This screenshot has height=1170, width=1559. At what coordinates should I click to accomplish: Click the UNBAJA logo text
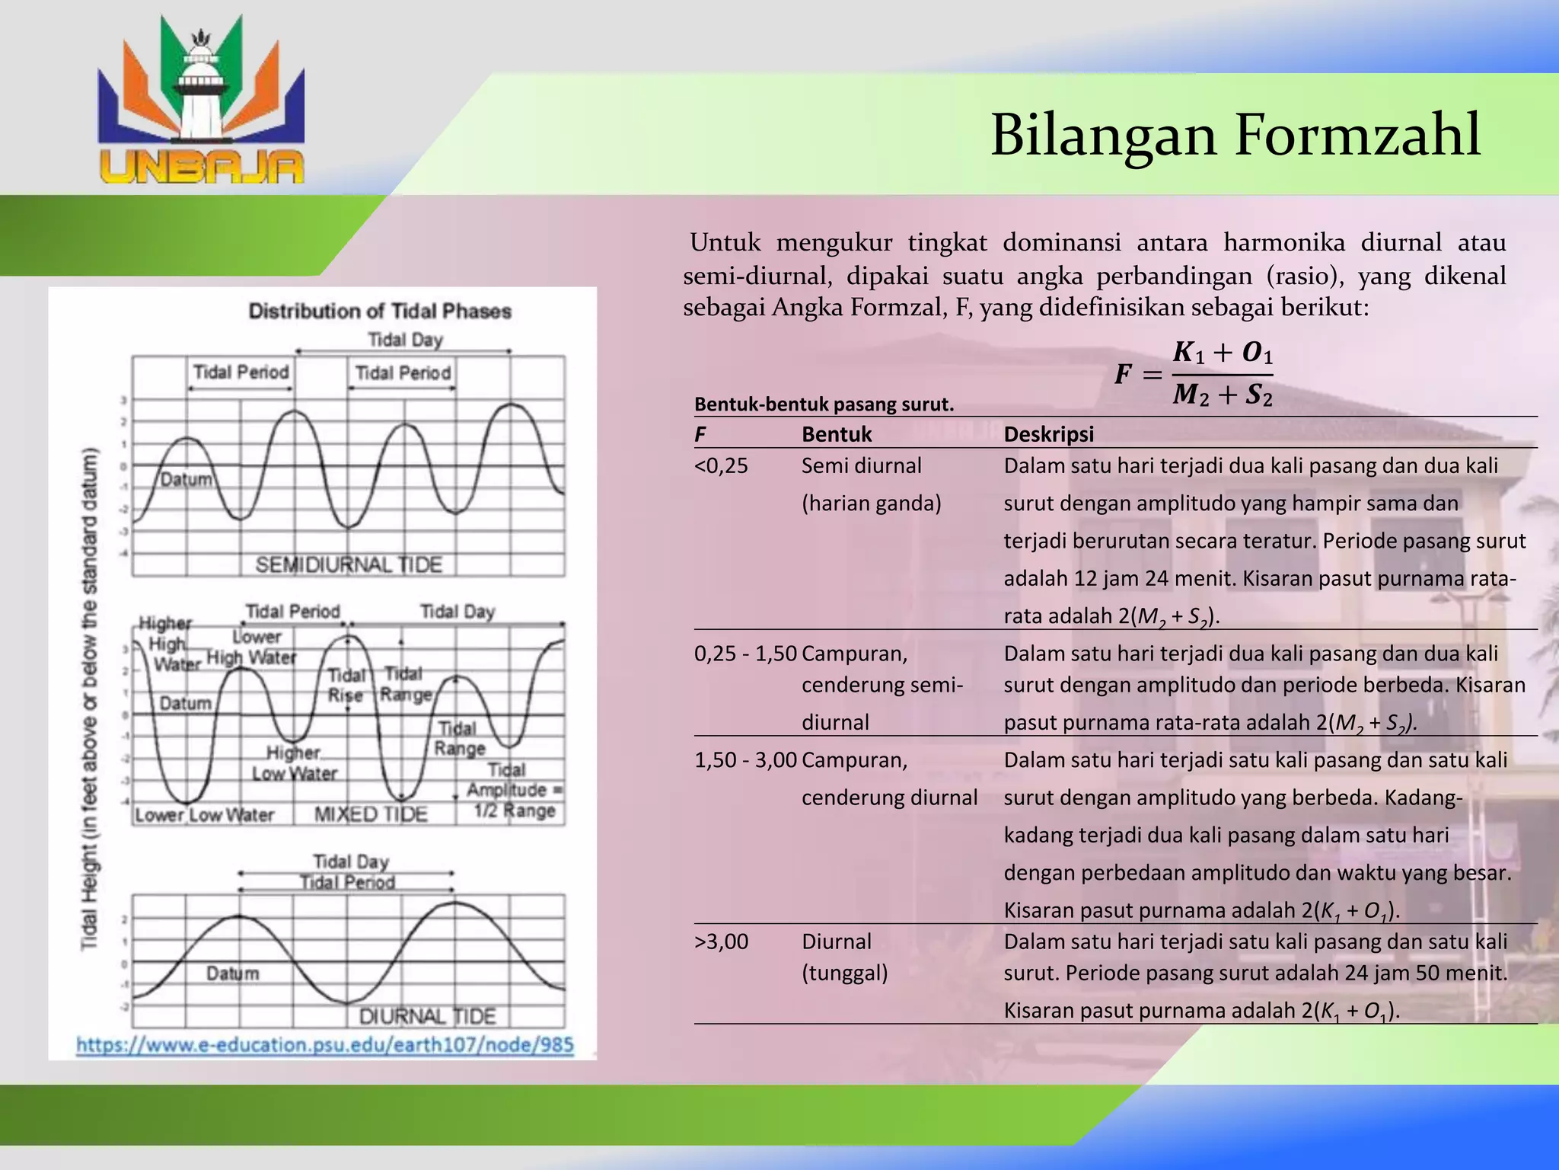(x=202, y=166)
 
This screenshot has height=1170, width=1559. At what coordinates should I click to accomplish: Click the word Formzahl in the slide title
(x=1357, y=136)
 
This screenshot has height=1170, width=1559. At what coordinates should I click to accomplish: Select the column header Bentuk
(x=837, y=434)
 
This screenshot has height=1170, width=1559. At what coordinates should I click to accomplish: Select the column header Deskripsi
(x=1048, y=434)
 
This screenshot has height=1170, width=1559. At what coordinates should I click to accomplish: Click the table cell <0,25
(x=721, y=465)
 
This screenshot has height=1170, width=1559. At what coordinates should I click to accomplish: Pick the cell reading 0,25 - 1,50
(x=745, y=654)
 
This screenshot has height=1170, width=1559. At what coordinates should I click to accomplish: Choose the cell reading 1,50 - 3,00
(x=745, y=760)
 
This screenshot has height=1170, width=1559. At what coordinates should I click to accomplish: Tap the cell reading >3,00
(x=721, y=941)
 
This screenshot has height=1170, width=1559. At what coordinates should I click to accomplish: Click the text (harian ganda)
(x=871, y=503)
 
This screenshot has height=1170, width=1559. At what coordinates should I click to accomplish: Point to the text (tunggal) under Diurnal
(x=844, y=973)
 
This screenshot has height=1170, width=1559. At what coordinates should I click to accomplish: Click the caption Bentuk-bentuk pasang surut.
(x=824, y=404)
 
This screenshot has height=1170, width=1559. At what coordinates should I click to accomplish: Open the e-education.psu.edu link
(x=325, y=1045)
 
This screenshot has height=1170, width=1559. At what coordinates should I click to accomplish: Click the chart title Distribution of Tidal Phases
(x=380, y=311)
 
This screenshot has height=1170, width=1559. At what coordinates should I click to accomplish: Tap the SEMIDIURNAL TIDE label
(x=349, y=564)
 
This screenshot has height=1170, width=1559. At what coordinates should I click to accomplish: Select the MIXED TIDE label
(x=371, y=814)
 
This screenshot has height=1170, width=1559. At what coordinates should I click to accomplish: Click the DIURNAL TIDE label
(x=427, y=1016)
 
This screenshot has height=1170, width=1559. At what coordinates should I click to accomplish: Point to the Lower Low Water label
(x=205, y=815)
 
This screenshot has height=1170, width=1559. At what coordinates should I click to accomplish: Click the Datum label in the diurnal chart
(x=232, y=973)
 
